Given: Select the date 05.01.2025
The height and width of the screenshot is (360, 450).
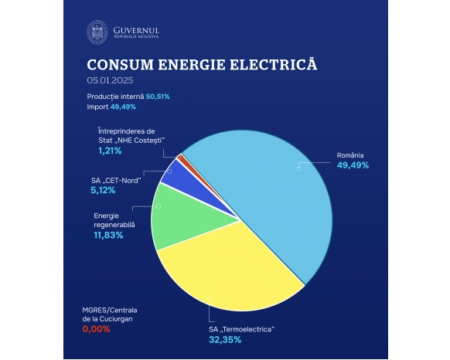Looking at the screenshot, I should (x=111, y=80).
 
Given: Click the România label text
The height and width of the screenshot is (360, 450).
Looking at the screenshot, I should (x=350, y=155).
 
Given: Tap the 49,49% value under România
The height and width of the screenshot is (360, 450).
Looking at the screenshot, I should (x=353, y=165).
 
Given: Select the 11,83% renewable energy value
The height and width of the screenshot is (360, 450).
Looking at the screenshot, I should (x=108, y=235).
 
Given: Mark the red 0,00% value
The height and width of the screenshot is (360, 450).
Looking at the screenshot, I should (x=96, y=328).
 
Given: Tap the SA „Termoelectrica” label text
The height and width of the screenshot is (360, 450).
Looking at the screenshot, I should (x=242, y=329).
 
